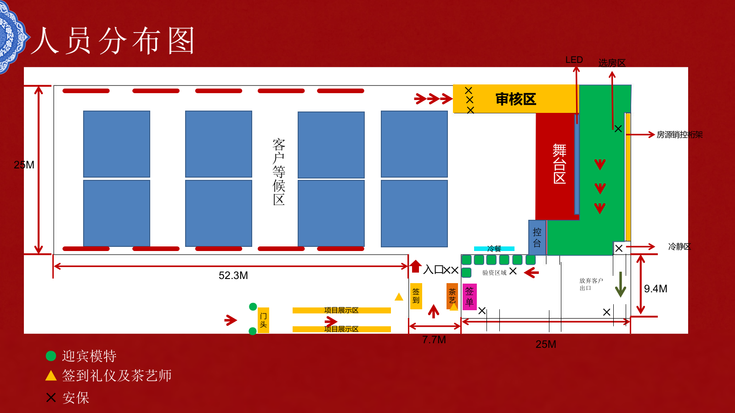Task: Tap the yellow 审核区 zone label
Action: (x=515, y=99)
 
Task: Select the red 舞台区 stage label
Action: (x=559, y=164)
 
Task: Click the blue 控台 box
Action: (x=537, y=237)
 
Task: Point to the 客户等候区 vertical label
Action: (x=279, y=172)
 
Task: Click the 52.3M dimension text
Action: (x=233, y=275)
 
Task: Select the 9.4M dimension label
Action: (x=656, y=289)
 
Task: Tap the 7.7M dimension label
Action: (x=434, y=340)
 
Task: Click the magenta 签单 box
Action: (x=469, y=296)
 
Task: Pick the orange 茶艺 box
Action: (x=452, y=296)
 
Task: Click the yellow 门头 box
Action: (x=263, y=320)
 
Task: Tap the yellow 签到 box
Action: (x=416, y=296)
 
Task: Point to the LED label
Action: (x=574, y=60)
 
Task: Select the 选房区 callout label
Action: (x=612, y=63)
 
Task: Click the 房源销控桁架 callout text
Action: (x=679, y=134)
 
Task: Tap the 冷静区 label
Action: (x=679, y=246)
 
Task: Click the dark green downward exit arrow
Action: (x=621, y=285)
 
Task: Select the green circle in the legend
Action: (x=51, y=356)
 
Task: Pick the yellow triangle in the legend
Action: (x=51, y=376)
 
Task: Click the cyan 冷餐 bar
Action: (x=494, y=249)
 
